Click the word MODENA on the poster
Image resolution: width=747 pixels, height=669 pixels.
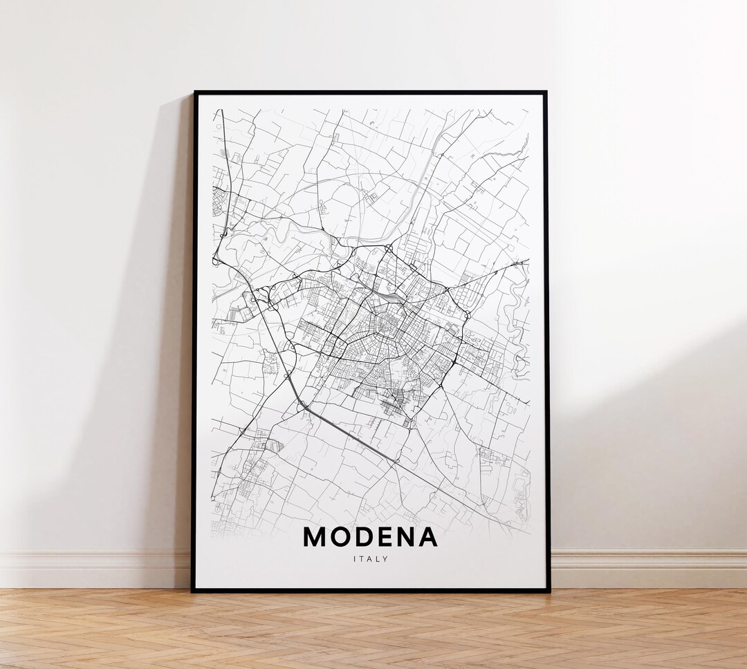[370, 537]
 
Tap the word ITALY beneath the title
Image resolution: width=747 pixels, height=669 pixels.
[370, 559]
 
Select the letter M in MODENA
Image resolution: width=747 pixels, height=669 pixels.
[315, 537]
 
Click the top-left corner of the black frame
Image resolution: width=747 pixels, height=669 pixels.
[194, 93]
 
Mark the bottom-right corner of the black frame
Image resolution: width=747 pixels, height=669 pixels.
[549, 591]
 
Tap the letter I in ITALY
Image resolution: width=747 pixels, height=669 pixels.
[353, 559]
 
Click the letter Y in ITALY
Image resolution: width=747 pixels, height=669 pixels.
[386, 559]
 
